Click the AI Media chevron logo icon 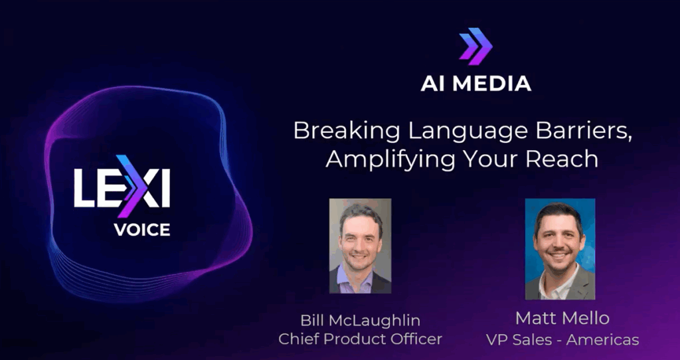pyautogui.click(x=475, y=46)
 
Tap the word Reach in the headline pyautogui.click(x=562, y=159)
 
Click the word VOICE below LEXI pyautogui.click(x=142, y=229)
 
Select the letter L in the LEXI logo pyautogui.click(x=83, y=188)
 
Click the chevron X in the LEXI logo pyautogui.click(x=137, y=187)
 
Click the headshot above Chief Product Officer pyautogui.click(x=360, y=246)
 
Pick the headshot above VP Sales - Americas pyautogui.click(x=560, y=249)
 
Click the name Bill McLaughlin pyautogui.click(x=360, y=321)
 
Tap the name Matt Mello pyautogui.click(x=562, y=318)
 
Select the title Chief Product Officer pyautogui.click(x=360, y=339)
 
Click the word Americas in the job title pyautogui.click(x=602, y=339)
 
